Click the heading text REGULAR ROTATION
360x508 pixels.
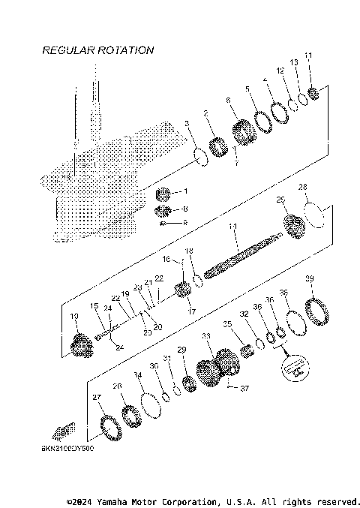click(x=97, y=50)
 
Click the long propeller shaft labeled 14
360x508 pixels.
click(x=240, y=255)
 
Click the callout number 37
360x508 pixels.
click(x=243, y=388)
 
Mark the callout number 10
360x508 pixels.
click(x=73, y=317)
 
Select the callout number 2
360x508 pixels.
click(x=205, y=113)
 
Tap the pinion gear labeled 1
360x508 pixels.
click(x=165, y=194)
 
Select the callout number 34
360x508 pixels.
click(x=136, y=374)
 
